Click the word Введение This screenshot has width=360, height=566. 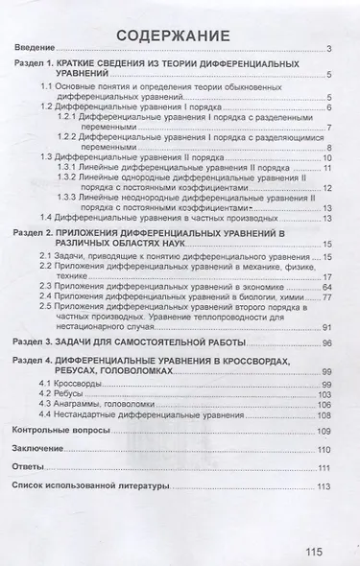tap(35, 49)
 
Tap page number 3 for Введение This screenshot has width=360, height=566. tap(328, 49)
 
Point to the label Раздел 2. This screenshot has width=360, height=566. tap(40, 234)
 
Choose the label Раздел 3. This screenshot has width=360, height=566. tap(40, 342)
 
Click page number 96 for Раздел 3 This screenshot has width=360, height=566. tap(326, 342)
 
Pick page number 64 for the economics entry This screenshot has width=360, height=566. tap(326, 286)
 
